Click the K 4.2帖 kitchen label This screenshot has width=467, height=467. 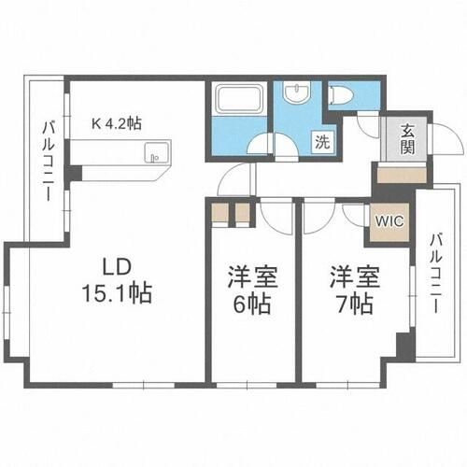(x=117, y=123)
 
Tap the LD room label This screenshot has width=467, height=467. (x=116, y=267)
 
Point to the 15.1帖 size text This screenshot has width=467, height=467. (x=117, y=292)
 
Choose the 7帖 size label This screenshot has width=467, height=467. (x=355, y=304)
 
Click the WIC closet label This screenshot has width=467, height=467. (x=389, y=221)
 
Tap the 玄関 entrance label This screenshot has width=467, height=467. (x=407, y=139)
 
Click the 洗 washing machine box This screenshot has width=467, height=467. (x=322, y=142)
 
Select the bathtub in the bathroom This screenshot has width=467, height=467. (x=239, y=99)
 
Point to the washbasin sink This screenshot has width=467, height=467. (x=297, y=92)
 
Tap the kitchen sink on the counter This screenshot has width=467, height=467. (x=158, y=152)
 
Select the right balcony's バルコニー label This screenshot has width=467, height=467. (x=436, y=273)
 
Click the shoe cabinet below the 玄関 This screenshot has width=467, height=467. (x=402, y=176)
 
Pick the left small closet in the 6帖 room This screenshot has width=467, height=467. (x=219, y=213)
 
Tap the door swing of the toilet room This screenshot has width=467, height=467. (x=367, y=126)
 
